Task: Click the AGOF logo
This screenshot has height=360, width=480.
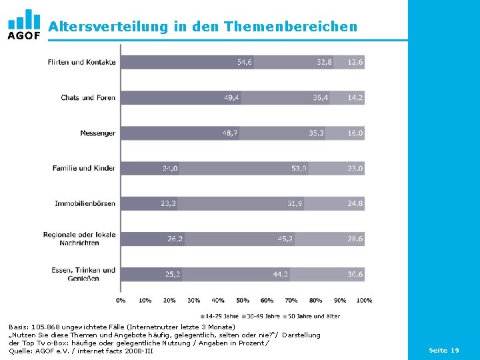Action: (x=24, y=24)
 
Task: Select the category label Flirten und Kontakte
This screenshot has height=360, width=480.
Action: (x=81, y=62)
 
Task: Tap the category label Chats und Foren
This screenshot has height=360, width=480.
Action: (x=88, y=97)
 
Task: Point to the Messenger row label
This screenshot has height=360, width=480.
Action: (x=97, y=133)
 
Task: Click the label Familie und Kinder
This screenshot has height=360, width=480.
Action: (x=84, y=168)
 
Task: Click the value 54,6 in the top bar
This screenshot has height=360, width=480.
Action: (x=245, y=62)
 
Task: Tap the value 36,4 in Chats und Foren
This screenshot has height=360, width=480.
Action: (x=320, y=97)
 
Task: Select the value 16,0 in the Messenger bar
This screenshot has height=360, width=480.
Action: (x=355, y=133)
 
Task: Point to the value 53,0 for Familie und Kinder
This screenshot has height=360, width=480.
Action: (x=299, y=168)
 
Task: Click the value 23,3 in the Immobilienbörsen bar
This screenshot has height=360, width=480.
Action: (x=168, y=203)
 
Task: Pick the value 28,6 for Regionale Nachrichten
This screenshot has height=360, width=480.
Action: (x=355, y=239)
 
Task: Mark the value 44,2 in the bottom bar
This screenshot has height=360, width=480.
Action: (x=281, y=274)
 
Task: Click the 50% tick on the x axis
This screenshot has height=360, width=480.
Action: (x=242, y=301)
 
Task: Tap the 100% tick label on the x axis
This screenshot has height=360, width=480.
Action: (x=364, y=301)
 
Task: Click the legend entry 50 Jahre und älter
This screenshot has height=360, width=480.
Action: (x=315, y=316)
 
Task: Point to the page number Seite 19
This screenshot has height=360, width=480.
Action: (x=443, y=350)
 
